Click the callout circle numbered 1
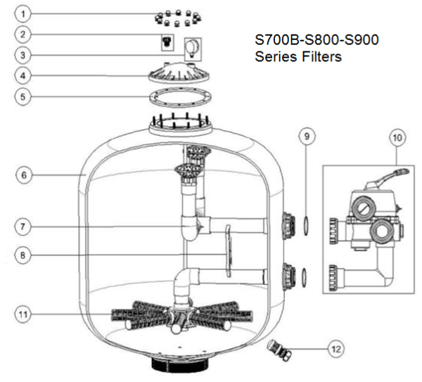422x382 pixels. point(24,13)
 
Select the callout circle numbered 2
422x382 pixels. point(24,33)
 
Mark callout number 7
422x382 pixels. point(24,226)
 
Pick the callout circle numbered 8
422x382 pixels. point(24,256)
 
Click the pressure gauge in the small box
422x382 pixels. point(191,49)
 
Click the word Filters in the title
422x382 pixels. point(315,57)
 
